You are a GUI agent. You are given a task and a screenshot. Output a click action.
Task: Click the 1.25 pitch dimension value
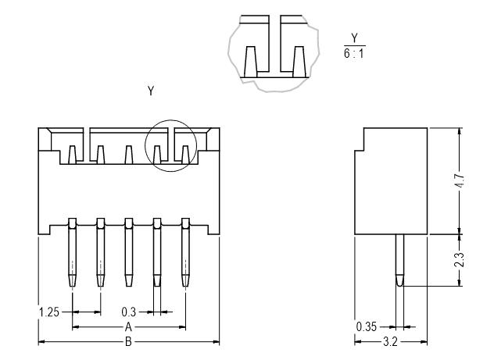49,312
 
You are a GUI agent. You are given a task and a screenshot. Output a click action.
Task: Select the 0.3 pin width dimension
128,312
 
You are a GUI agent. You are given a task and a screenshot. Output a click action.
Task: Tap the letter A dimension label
128,327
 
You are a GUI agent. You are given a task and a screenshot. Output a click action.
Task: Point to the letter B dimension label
128,342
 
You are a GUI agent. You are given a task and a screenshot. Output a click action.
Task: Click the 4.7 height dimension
460,180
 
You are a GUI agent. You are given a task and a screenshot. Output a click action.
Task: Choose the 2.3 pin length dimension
460,260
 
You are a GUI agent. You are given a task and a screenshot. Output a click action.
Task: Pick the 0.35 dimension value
367,327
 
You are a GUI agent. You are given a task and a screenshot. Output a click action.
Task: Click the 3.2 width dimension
390,342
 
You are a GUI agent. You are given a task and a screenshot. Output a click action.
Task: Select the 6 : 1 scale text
354,54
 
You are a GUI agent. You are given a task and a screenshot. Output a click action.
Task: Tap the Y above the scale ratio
354,38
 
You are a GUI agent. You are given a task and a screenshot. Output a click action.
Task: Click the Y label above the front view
151,91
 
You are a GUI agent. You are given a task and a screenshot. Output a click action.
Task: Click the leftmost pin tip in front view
73,286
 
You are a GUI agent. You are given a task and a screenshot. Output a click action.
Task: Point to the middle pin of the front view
128,252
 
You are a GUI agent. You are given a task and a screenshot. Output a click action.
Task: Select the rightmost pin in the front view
185,252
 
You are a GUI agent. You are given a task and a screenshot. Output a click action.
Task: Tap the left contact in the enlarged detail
251,62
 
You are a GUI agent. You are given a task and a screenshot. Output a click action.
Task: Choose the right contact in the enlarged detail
299,62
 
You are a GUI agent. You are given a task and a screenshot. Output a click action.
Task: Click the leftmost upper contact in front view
73,155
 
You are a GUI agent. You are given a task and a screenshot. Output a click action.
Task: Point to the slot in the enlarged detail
275,44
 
